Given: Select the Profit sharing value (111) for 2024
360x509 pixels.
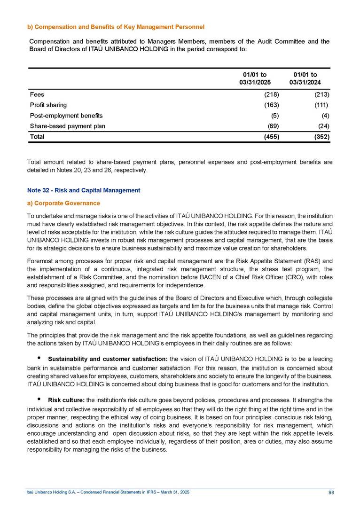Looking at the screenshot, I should coord(321,105).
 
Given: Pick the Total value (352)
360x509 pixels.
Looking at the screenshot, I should coord(320,137).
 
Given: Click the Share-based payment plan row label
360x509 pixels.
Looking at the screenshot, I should coord(67,126).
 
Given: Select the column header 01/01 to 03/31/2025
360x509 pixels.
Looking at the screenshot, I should coord(257,78).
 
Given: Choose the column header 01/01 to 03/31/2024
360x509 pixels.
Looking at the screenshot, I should coord(305,78).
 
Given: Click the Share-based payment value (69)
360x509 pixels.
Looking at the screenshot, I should coord(274,126).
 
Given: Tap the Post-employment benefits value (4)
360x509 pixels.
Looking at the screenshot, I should coord(324,115).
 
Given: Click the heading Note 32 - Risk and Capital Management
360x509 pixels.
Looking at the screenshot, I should coord(85,190).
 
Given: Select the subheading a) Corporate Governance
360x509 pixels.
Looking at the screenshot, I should coord(64,203).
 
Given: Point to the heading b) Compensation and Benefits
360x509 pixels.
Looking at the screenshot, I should coord(117,26).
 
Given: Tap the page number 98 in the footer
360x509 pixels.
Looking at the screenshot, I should coord(331,492).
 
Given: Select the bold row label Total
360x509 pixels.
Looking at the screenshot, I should coord(37,137).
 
